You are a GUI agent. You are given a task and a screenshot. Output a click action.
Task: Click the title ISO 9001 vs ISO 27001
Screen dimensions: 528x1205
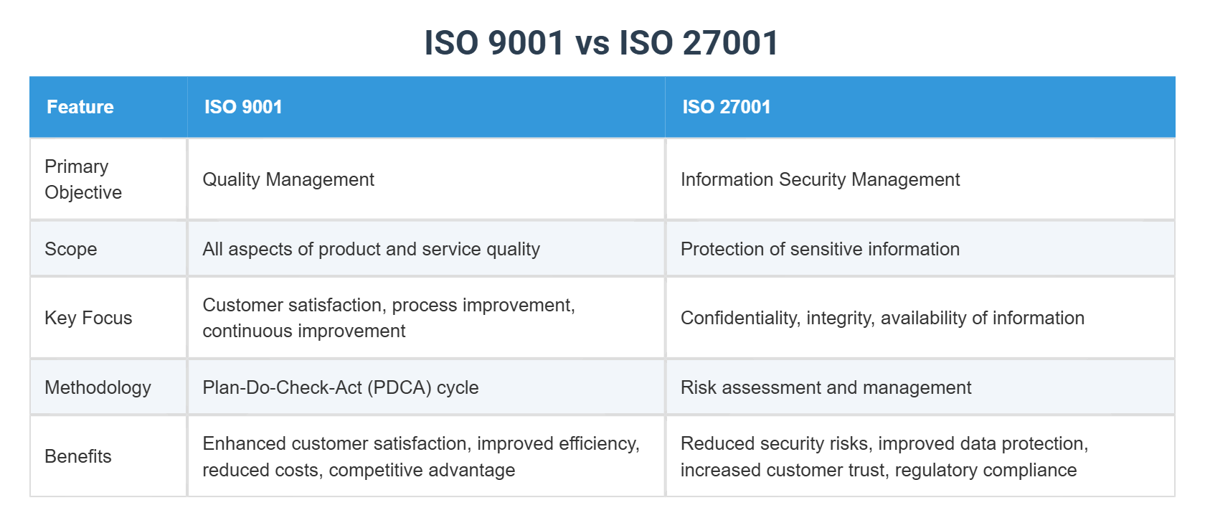(601, 42)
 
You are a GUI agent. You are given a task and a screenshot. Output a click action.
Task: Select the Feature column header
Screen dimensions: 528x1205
(80, 107)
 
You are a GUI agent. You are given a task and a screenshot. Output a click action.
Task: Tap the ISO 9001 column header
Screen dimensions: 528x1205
(243, 107)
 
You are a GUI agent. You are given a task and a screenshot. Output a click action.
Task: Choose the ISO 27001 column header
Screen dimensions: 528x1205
(726, 107)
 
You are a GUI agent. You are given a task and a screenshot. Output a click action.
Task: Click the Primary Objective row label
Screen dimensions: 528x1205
(83, 179)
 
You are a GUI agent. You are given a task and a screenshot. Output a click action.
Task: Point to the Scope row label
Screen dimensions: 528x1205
(71, 249)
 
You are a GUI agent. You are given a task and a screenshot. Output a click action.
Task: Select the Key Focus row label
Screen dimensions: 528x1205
(88, 318)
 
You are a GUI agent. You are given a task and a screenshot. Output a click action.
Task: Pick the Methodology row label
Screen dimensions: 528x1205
(98, 387)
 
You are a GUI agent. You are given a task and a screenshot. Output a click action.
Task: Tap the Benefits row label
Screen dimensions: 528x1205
(78, 456)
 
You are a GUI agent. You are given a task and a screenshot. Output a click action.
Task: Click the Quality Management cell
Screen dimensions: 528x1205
(288, 179)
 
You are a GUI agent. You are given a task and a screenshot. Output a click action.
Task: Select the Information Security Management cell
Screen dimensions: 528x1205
(820, 179)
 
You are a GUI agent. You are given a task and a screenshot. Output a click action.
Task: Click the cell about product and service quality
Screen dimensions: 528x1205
(371, 249)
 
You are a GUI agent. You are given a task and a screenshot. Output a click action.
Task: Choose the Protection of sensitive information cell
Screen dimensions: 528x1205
(820, 249)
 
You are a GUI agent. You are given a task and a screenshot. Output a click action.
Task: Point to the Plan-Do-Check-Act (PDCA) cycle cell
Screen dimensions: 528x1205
(340, 387)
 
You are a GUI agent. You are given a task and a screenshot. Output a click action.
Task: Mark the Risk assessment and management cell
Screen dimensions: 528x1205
(826, 387)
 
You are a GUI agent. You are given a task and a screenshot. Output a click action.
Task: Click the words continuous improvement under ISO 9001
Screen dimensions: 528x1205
(304, 331)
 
